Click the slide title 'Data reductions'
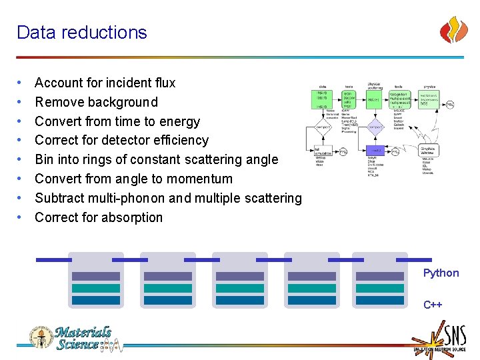(81, 32)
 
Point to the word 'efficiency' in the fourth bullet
(181, 140)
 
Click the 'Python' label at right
(441, 273)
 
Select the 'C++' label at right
(433, 305)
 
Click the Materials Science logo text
(83, 338)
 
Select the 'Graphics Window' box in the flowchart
(427, 151)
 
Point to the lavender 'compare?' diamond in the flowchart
(375, 127)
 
